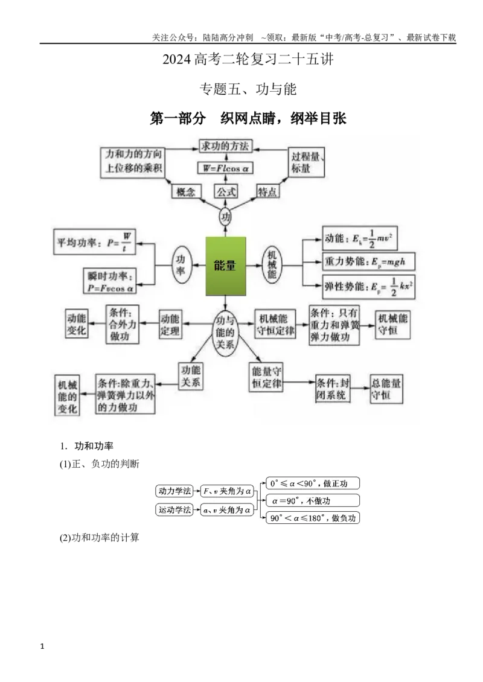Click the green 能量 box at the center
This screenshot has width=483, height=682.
[x=225, y=266]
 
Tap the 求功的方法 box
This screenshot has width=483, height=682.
[x=225, y=146]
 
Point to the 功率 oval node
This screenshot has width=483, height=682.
[x=180, y=265]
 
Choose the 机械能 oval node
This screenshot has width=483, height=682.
[x=272, y=265]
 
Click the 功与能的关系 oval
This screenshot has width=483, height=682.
[x=225, y=333]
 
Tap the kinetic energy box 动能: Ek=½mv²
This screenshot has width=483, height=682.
[x=359, y=238]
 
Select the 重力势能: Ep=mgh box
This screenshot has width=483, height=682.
[x=368, y=262]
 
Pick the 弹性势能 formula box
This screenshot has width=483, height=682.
[x=368, y=287]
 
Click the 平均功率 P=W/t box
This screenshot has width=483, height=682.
[x=94, y=242]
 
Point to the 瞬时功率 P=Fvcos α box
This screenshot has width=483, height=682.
[x=110, y=281]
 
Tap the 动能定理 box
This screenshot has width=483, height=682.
[x=170, y=325]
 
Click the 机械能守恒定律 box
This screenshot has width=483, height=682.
[x=275, y=325]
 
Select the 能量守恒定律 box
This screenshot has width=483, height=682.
[x=266, y=378]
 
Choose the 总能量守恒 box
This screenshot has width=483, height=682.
[x=386, y=389]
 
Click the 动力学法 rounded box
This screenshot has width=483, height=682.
[x=174, y=491]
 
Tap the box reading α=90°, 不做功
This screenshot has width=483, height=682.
[x=313, y=500]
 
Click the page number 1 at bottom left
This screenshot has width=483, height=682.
[x=42, y=646]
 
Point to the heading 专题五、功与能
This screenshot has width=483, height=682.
[x=248, y=89]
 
